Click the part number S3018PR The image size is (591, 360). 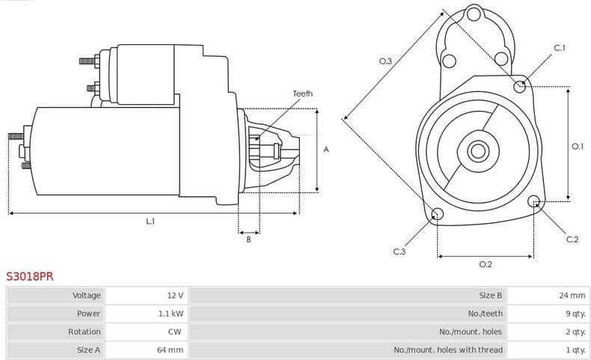(x=30, y=276)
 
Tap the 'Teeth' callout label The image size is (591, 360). (x=302, y=94)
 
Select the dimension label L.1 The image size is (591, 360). (x=150, y=222)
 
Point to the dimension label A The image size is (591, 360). (x=326, y=150)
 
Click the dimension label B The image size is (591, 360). (x=248, y=240)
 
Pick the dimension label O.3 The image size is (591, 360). (x=386, y=61)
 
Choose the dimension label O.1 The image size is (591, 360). (x=578, y=147)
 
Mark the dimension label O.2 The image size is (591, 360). (x=485, y=264)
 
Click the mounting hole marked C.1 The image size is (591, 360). (x=520, y=86)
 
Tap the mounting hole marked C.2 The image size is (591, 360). (x=534, y=201)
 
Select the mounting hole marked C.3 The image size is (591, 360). (x=438, y=215)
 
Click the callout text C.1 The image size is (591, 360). (x=559, y=48)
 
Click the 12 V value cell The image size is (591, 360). (x=175, y=296)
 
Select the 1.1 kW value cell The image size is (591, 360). (x=171, y=314)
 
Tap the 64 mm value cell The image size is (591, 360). (x=171, y=350)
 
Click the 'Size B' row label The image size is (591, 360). (x=490, y=296)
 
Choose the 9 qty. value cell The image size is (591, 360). (x=572, y=314)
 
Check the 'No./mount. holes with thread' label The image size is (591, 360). (x=448, y=350)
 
